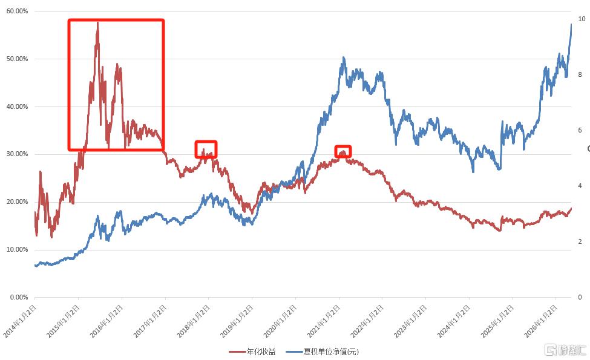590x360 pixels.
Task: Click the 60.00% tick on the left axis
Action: pos(18,11)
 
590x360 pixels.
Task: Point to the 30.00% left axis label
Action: pos(18,154)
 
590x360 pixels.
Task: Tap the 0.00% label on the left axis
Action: pos(19,297)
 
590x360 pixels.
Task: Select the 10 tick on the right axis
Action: pos(582,19)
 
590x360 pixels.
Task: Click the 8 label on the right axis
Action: pos(580,74)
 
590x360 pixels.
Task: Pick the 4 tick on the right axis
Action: pos(580,186)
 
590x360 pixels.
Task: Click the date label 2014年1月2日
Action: pos(21,321)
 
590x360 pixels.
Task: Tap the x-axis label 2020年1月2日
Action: pos(281,321)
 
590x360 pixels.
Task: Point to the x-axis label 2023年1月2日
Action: pos(411,321)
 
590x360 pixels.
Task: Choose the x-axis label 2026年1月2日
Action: pos(541,321)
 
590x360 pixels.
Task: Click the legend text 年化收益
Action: pos(261,352)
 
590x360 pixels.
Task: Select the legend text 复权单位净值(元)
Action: pos(331,352)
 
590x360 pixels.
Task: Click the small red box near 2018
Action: pos(206,142)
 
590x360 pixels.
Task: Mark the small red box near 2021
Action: pos(343,146)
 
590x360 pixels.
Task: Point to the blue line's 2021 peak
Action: pos(343,57)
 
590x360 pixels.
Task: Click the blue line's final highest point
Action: pos(571,24)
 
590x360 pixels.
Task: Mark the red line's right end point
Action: pos(571,208)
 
